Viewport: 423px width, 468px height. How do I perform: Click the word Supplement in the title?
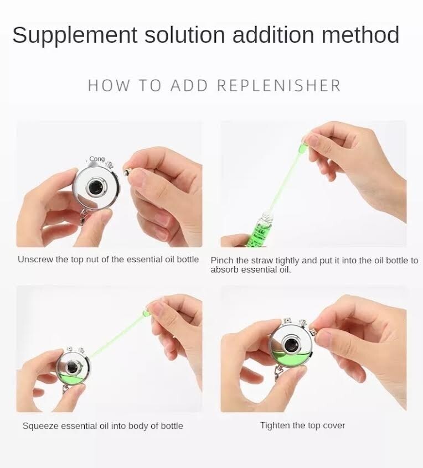click(x=75, y=36)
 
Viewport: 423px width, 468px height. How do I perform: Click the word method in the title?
click(x=360, y=35)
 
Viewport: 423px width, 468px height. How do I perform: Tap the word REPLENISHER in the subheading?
click(x=279, y=86)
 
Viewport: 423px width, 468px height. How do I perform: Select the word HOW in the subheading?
click(x=109, y=86)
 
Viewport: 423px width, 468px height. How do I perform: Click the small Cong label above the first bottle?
click(x=97, y=159)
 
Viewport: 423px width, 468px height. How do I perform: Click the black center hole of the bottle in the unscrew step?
click(x=95, y=188)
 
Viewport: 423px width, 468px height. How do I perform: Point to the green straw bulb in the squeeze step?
click(x=146, y=314)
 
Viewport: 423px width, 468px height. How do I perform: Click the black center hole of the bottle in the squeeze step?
click(x=72, y=367)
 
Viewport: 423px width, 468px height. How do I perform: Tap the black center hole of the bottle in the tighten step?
click(x=290, y=345)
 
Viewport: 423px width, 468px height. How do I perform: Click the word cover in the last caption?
click(x=334, y=425)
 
